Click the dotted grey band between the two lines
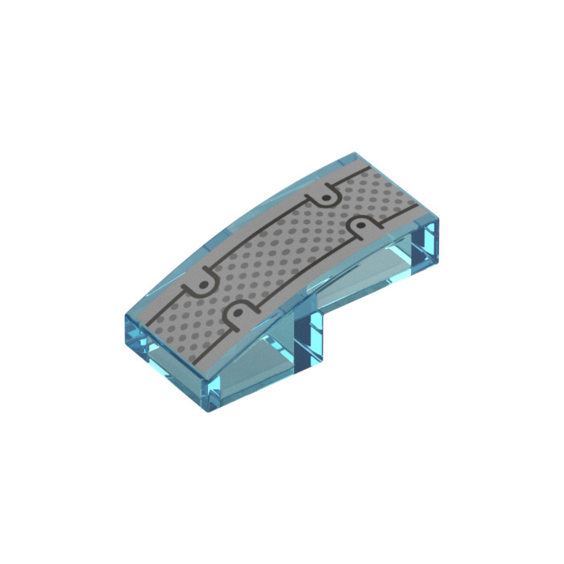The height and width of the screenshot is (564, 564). pos(282,250)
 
